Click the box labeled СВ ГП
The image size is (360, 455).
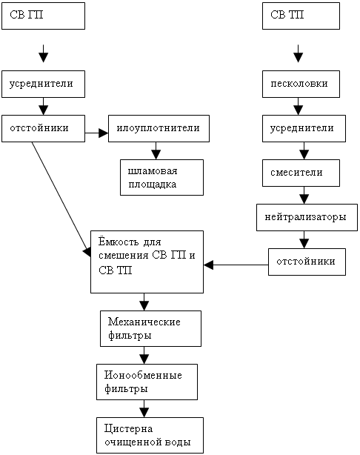coord(43,16)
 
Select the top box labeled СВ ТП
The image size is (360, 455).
coord(301,16)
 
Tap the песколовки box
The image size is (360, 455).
coord(301,84)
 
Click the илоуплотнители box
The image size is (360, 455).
coord(159,128)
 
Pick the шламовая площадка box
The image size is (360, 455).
coord(161,177)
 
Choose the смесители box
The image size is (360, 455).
coord(301,173)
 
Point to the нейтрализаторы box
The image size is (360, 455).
coord(307,217)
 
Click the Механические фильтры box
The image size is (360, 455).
coord(150,328)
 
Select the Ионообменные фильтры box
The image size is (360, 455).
coord(147,382)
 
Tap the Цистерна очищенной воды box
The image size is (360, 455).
coord(150,435)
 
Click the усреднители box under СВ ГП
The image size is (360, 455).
coord(43,84)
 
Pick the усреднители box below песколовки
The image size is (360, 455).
coord(304,128)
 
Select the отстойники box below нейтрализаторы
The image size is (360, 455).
coord(307,262)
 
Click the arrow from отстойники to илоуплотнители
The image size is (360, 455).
coord(96,133)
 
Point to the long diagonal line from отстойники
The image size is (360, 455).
coord(61,199)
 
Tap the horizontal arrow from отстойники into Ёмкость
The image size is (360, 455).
coord(236,265)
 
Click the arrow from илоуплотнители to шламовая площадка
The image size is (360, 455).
coord(156,150)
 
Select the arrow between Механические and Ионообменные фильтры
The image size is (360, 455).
coord(144,355)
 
